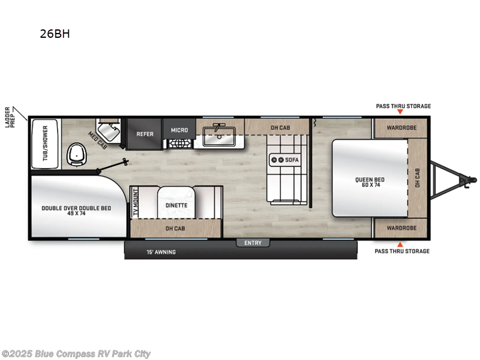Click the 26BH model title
tap(55, 34)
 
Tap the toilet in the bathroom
tap(76, 154)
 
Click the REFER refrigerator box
tap(145, 134)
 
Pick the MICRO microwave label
tap(179, 130)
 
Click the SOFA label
tap(292, 160)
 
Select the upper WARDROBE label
tap(401, 128)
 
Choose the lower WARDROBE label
tap(401, 228)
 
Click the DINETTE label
tap(176, 205)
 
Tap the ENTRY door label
tap(253, 242)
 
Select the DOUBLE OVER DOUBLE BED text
tap(76, 210)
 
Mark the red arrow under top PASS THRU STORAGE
tap(400, 113)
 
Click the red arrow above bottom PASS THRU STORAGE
tap(400, 244)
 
